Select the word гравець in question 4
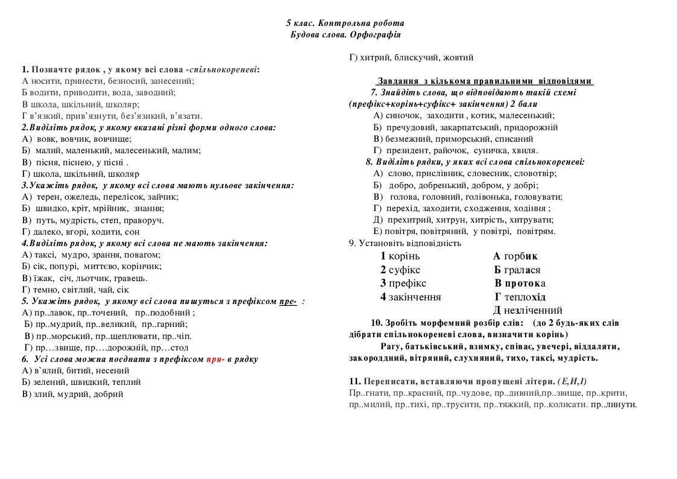[129, 278]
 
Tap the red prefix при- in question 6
[215, 359]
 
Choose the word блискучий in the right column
[416, 57]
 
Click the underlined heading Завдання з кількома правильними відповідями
[485, 81]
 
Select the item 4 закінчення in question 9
[411, 297]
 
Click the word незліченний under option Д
[533, 311]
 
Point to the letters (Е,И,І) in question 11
[572, 382]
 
